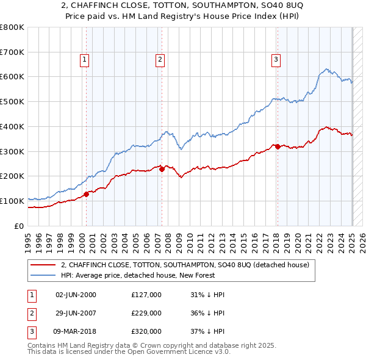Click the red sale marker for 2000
pyautogui.click(x=86, y=194)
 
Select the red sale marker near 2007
pyautogui.click(x=162, y=169)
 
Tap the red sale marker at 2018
pyautogui.click(x=277, y=146)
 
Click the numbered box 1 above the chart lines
pyautogui.click(x=84, y=59)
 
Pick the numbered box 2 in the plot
pyautogui.click(x=159, y=59)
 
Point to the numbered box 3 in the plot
pyautogui.click(x=276, y=59)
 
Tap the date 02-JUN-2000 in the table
pyautogui.click(x=76, y=295)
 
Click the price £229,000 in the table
pyautogui.click(x=146, y=312)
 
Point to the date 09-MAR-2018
pyautogui.click(x=76, y=331)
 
